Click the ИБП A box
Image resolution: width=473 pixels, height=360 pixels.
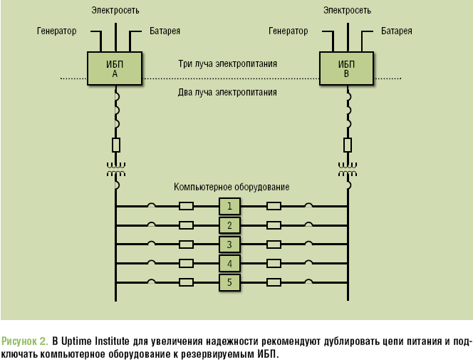(x=115, y=68)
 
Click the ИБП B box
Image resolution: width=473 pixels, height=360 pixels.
(x=346, y=68)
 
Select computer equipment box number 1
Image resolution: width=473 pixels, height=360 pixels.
(x=229, y=207)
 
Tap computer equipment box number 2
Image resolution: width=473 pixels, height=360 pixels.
(x=229, y=226)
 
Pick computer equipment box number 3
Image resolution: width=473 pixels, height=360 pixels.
(x=229, y=245)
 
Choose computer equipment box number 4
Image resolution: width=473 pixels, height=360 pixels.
(x=229, y=264)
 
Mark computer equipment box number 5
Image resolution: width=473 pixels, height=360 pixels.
(x=229, y=282)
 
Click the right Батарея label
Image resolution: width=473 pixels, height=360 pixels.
(x=396, y=31)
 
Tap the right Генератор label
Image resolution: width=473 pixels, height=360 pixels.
(x=288, y=31)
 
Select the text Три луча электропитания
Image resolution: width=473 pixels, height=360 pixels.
(x=227, y=64)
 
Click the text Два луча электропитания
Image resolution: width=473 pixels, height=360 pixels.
(x=227, y=92)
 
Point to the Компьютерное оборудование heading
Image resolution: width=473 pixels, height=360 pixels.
(x=232, y=187)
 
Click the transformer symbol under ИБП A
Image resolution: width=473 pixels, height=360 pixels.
(x=115, y=171)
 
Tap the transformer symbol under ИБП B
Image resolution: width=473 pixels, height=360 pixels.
(x=347, y=171)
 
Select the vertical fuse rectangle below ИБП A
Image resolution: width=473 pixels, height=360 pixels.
(x=115, y=145)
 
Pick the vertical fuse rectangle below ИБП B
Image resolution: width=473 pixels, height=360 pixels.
(x=347, y=145)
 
